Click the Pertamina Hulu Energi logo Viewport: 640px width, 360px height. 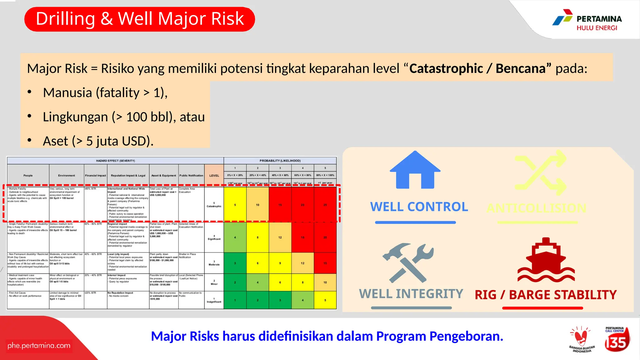587,20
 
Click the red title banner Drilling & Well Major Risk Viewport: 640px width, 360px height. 140,19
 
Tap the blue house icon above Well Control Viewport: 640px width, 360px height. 415,170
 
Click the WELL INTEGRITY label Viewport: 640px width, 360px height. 411,294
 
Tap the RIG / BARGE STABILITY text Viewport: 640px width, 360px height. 546,295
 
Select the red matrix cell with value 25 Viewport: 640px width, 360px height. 325,205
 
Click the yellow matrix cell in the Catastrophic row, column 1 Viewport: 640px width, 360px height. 235,205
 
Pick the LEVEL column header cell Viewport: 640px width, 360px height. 214,176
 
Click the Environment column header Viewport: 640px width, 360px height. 67,176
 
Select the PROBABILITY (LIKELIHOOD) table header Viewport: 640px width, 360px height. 280,161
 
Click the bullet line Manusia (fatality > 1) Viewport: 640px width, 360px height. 105,92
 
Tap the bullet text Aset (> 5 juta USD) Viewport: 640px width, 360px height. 98,141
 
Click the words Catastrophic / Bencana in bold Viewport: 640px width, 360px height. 480,68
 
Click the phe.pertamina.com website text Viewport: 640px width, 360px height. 39,346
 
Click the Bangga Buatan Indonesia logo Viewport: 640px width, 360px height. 581,340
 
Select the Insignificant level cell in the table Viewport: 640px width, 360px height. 214,300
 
